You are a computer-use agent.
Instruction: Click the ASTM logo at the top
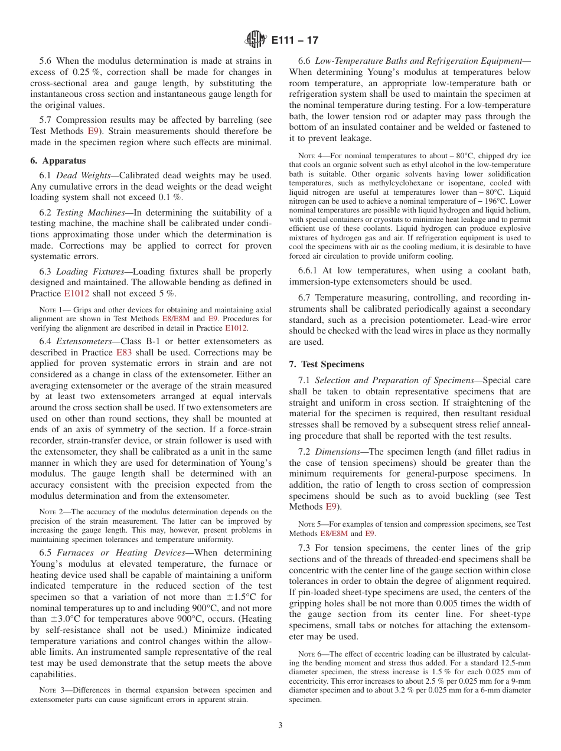click(256, 40)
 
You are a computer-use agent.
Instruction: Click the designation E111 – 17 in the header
click(295, 40)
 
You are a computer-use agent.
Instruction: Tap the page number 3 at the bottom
click(280, 726)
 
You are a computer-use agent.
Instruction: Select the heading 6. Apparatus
click(58, 161)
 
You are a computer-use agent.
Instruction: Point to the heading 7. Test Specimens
click(327, 364)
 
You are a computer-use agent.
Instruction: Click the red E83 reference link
click(124, 352)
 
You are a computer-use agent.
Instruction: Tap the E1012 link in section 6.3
click(76, 293)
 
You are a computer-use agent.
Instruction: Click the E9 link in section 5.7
click(94, 131)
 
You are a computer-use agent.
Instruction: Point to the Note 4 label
click(310, 156)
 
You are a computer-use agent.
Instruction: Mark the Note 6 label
click(310, 654)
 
